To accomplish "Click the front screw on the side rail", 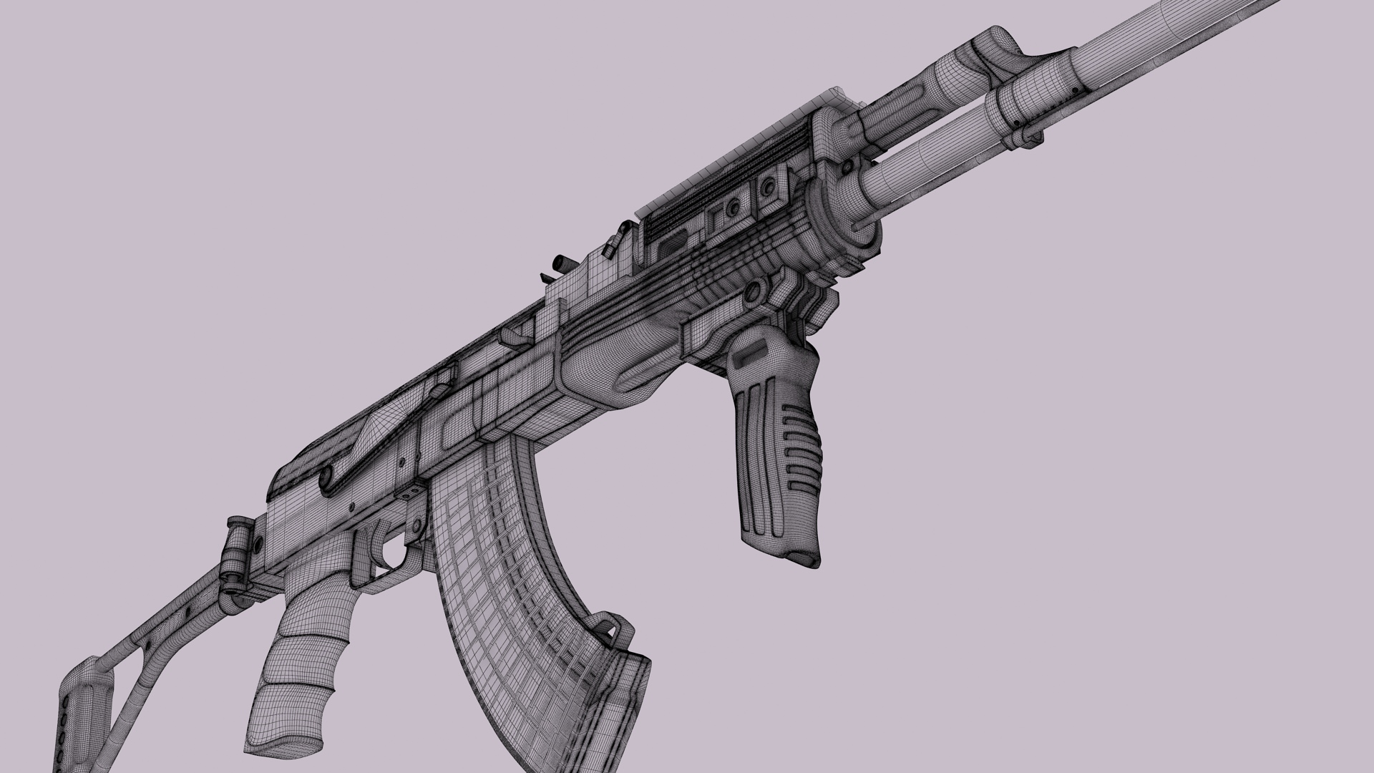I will pos(769,188).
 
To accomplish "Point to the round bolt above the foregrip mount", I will pos(752,293).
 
